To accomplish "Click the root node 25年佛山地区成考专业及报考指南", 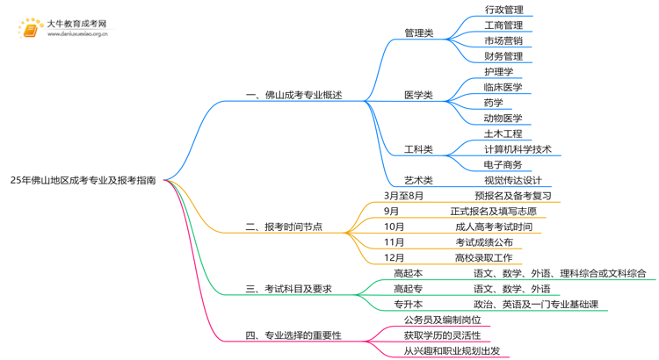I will pyautogui.click(x=83, y=179).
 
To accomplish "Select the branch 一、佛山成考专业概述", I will pyautogui.click(x=293, y=95).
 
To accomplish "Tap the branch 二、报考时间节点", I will pyautogui.click(x=284, y=227).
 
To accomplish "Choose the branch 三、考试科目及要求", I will pyautogui.click(x=288, y=289).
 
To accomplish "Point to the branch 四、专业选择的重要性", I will pyautogui.click(x=293, y=335).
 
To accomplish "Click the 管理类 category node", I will pyautogui.click(x=418, y=33).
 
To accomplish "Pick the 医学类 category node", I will pyautogui.click(x=418, y=95).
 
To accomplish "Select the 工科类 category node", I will pyautogui.click(x=418, y=149).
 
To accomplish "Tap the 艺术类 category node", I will pyautogui.click(x=418, y=180).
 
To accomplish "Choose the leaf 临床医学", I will pyautogui.click(x=503, y=87).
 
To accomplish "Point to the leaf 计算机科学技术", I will pyautogui.click(x=518, y=149).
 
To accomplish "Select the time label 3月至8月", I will pyautogui.click(x=404, y=196).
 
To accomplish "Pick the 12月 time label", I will pyautogui.click(x=394, y=257).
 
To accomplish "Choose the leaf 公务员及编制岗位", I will pyautogui.click(x=442, y=320).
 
